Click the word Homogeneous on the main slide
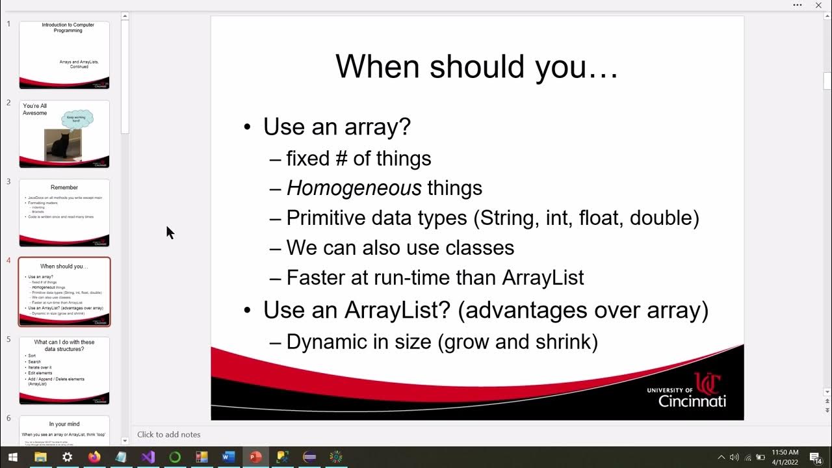click(x=354, y=188)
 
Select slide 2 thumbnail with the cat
click(x=64, y=134)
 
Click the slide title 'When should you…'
click(x=476, y=66)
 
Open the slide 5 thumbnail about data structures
click(x=64, y=370)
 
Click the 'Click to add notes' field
click(x=169, y=434)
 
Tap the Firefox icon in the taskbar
click(x=94, y=457)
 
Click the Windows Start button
click(x=12, y=457)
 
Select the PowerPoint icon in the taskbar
click(x=254, y=457)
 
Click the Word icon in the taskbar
click(x=227, y=457)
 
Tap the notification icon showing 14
click(x=815, y=458)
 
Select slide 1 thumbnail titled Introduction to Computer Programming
click(x=64, y=55)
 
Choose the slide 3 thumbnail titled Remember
click(x=64, y=213)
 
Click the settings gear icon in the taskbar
click(x=68, y=457)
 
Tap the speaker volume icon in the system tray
click(x=734, y=458)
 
